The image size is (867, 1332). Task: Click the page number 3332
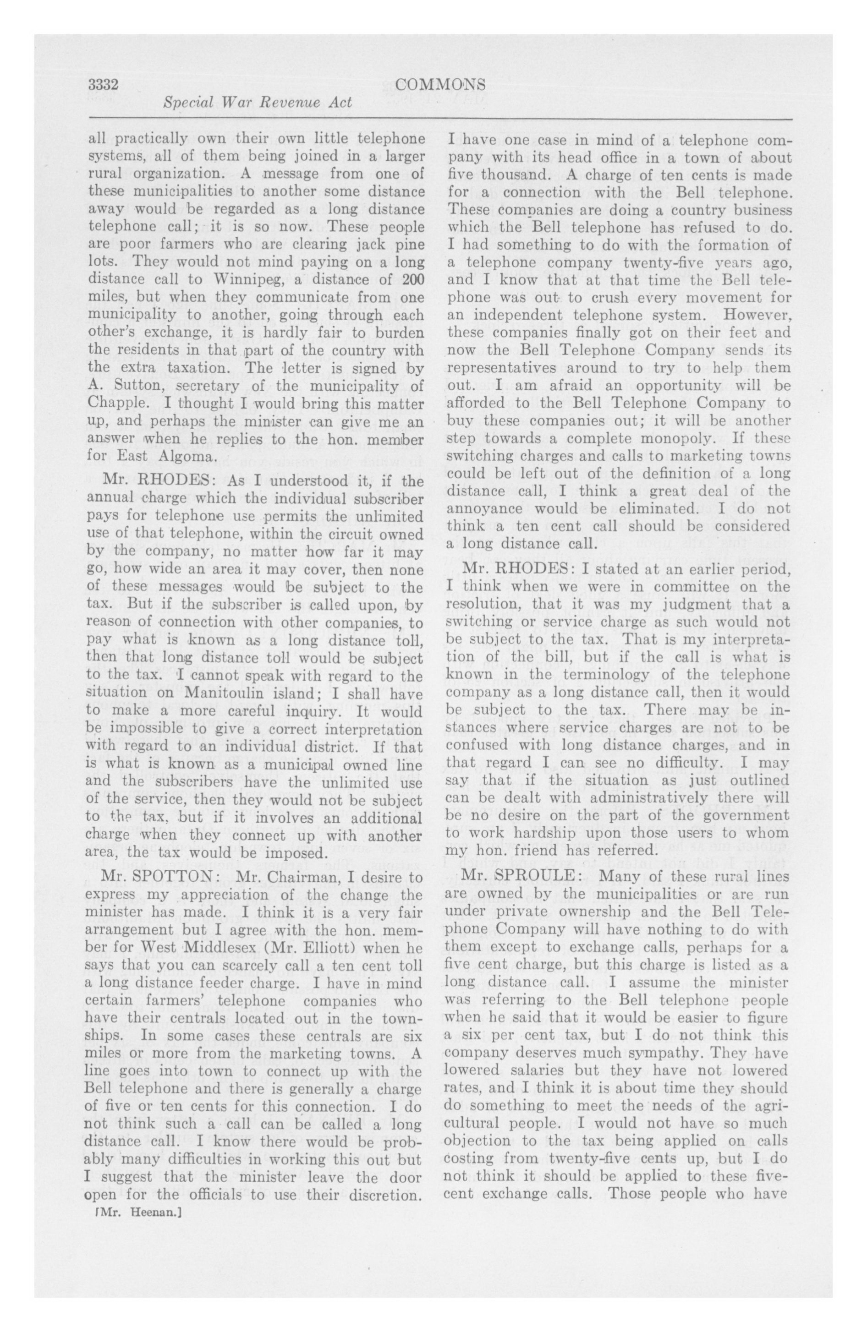(x=104, y=84)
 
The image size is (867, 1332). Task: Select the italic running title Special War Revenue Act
(x=258, y=103)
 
